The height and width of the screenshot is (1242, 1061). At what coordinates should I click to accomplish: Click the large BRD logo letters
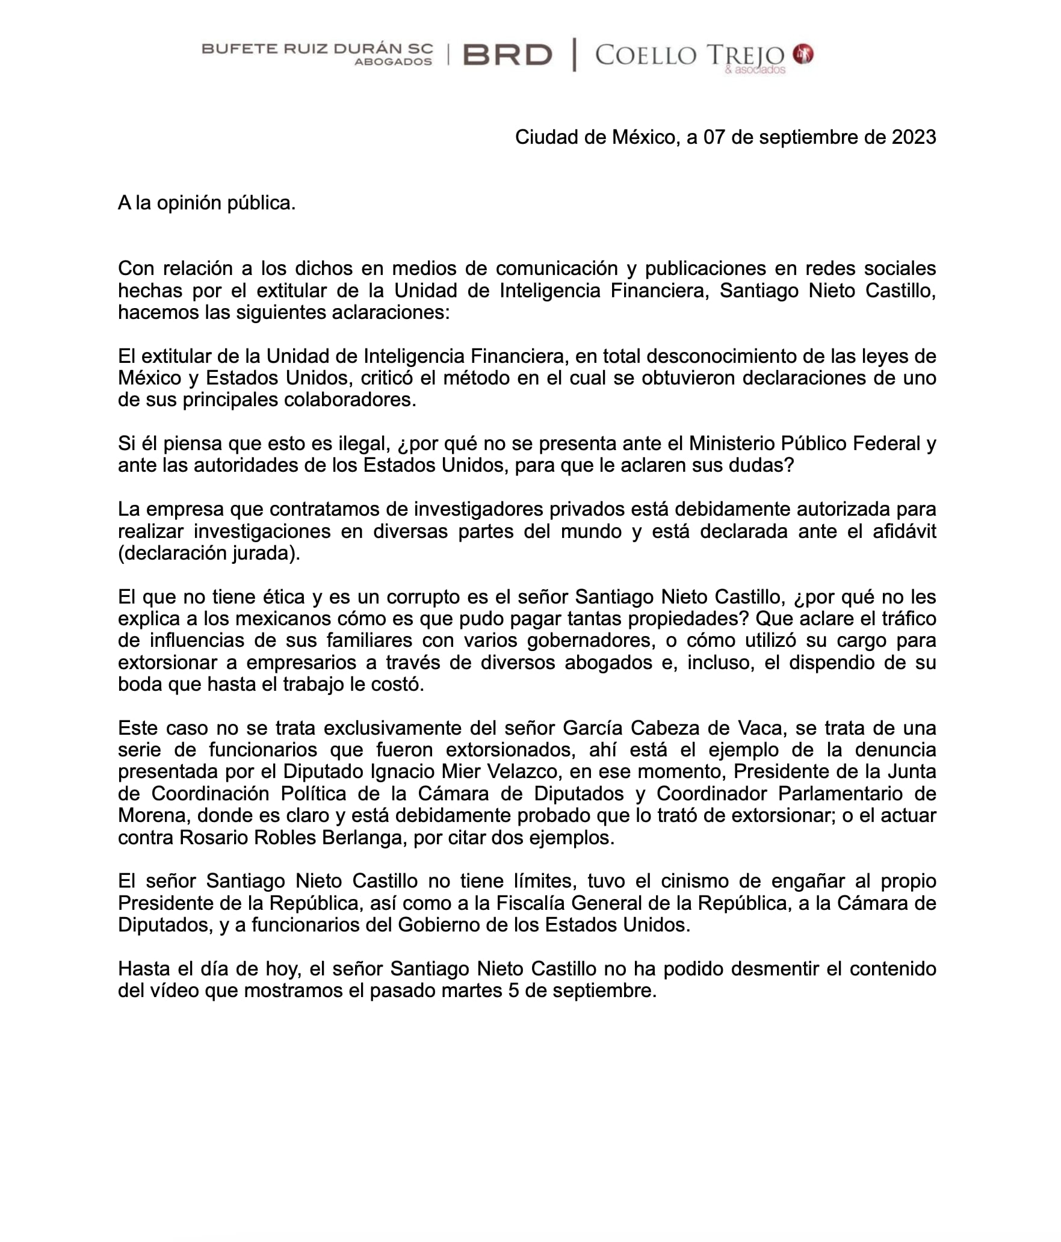pos(507,55)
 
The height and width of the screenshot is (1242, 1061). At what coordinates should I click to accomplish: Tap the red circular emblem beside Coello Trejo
pos(803,55)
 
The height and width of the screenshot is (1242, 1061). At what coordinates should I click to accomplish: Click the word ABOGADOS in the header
pos(393,62)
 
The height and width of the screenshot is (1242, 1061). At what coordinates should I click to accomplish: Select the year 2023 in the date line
pos(914,138)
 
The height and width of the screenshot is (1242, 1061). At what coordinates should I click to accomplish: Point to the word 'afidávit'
pos(905,531)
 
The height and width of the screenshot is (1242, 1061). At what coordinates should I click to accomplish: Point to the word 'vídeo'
pos(172,990)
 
